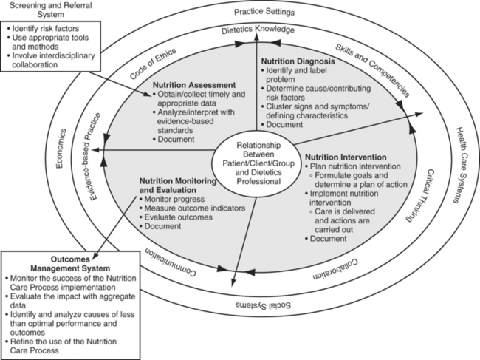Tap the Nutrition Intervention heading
346,157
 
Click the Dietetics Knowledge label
258,30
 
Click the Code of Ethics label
148,64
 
